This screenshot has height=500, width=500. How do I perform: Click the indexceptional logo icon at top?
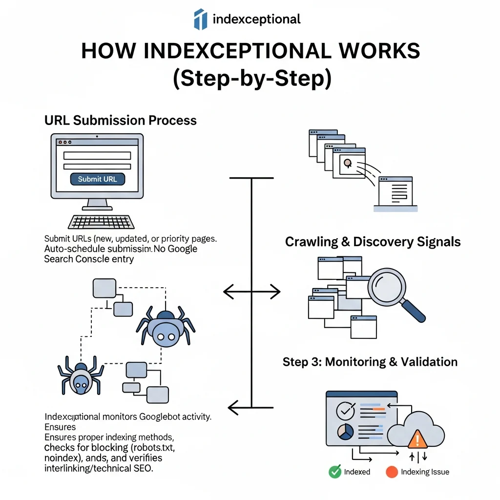point(200,19)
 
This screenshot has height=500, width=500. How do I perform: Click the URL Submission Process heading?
point(121,120)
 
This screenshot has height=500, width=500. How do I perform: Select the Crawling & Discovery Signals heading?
point(373,242)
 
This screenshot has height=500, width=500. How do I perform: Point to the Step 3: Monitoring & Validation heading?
point(370,362)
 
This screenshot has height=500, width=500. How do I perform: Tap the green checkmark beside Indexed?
point(334,472)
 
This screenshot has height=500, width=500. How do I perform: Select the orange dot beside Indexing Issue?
point(392,472)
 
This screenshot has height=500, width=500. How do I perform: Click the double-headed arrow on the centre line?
point(251,292)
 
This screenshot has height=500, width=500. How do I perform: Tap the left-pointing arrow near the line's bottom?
point(239,406)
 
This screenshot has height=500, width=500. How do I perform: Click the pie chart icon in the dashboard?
point(346,432)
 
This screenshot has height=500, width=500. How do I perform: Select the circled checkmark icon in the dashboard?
point(346,411)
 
